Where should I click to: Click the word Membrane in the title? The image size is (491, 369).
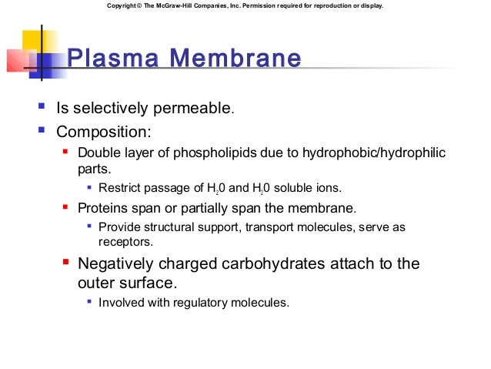tap(234, 59)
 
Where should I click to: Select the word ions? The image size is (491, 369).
tap(324, 187)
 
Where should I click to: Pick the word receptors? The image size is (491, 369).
tap(125, 241)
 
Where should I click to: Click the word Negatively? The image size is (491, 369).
tap(125, 263)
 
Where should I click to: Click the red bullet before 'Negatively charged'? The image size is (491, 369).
tap(66, 263)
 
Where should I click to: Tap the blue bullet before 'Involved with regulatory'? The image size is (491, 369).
tap(90, 302)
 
